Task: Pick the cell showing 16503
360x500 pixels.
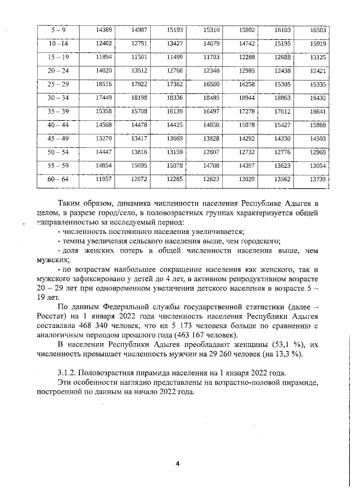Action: [318, 30]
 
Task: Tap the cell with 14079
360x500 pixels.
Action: [210, 43]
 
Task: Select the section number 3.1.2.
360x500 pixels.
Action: [69, 373]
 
